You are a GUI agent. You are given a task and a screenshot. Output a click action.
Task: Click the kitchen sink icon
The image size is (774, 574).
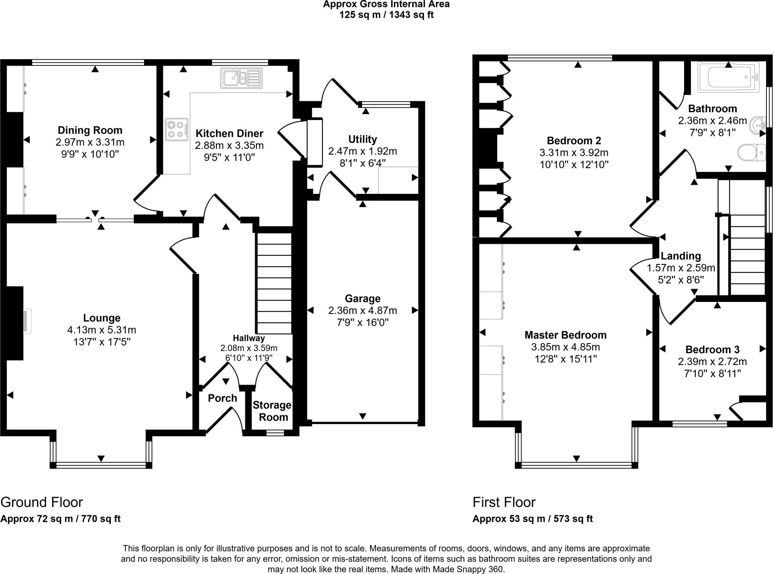(x=241, y=79)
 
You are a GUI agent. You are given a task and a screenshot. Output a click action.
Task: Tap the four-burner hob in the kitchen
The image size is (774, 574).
(x=176, y=129)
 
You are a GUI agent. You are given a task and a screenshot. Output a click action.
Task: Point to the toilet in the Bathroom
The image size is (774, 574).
(x=751, y=152)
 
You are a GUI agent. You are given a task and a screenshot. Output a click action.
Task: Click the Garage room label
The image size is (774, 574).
(x=362, y=299)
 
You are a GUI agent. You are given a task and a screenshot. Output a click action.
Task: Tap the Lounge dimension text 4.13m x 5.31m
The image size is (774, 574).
(x=102, y=330)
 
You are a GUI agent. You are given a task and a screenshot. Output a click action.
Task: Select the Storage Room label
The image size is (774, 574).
(x=272, y=411)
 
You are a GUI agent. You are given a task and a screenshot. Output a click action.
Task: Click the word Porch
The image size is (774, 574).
(x=223, y=398)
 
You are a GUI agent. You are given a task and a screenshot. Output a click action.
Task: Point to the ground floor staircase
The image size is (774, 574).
(x=274, y=283)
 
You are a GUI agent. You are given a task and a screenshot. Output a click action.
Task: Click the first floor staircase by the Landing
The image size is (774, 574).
(x=747, y=255)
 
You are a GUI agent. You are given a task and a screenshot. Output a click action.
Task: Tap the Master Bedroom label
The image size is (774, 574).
(x=565, y=335)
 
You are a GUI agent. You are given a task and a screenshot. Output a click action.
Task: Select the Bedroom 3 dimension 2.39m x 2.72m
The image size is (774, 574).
(x=712, y=362)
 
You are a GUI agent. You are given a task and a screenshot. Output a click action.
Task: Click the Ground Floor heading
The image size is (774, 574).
(x=42, y=502)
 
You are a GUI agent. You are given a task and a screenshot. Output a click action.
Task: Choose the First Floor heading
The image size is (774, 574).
(x=504, y=502)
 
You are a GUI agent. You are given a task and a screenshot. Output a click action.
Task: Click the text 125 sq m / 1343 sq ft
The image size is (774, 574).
(x=386, y=15)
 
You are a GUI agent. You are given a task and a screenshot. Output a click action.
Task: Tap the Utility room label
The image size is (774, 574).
(x=362, y=139)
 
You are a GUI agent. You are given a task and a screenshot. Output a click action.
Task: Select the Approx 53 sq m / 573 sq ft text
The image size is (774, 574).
(x=533, y=519)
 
